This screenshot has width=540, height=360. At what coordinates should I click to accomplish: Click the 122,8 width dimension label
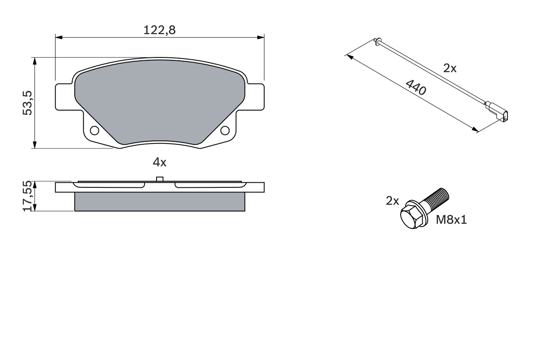159,30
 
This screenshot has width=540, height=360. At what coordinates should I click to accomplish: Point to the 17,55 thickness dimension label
27,196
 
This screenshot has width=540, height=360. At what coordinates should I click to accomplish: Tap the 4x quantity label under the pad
159,162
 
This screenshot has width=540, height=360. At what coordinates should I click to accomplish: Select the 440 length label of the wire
416,87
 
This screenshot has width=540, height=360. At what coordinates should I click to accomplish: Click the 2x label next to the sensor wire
450,68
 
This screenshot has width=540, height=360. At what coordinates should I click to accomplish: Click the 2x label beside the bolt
392,201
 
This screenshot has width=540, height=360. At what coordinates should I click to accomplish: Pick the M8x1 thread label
451,219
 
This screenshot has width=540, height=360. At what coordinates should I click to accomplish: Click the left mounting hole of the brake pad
94,130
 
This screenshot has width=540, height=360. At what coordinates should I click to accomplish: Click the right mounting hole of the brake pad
225,130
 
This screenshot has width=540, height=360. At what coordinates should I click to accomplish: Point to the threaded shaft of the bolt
437,200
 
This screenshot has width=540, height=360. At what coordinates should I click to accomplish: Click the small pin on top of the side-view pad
159,179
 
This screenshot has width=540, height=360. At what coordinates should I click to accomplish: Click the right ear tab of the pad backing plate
256,97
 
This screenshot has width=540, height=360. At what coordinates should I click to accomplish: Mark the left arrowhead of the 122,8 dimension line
58,38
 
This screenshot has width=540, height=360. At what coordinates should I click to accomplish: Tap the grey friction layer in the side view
159,202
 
